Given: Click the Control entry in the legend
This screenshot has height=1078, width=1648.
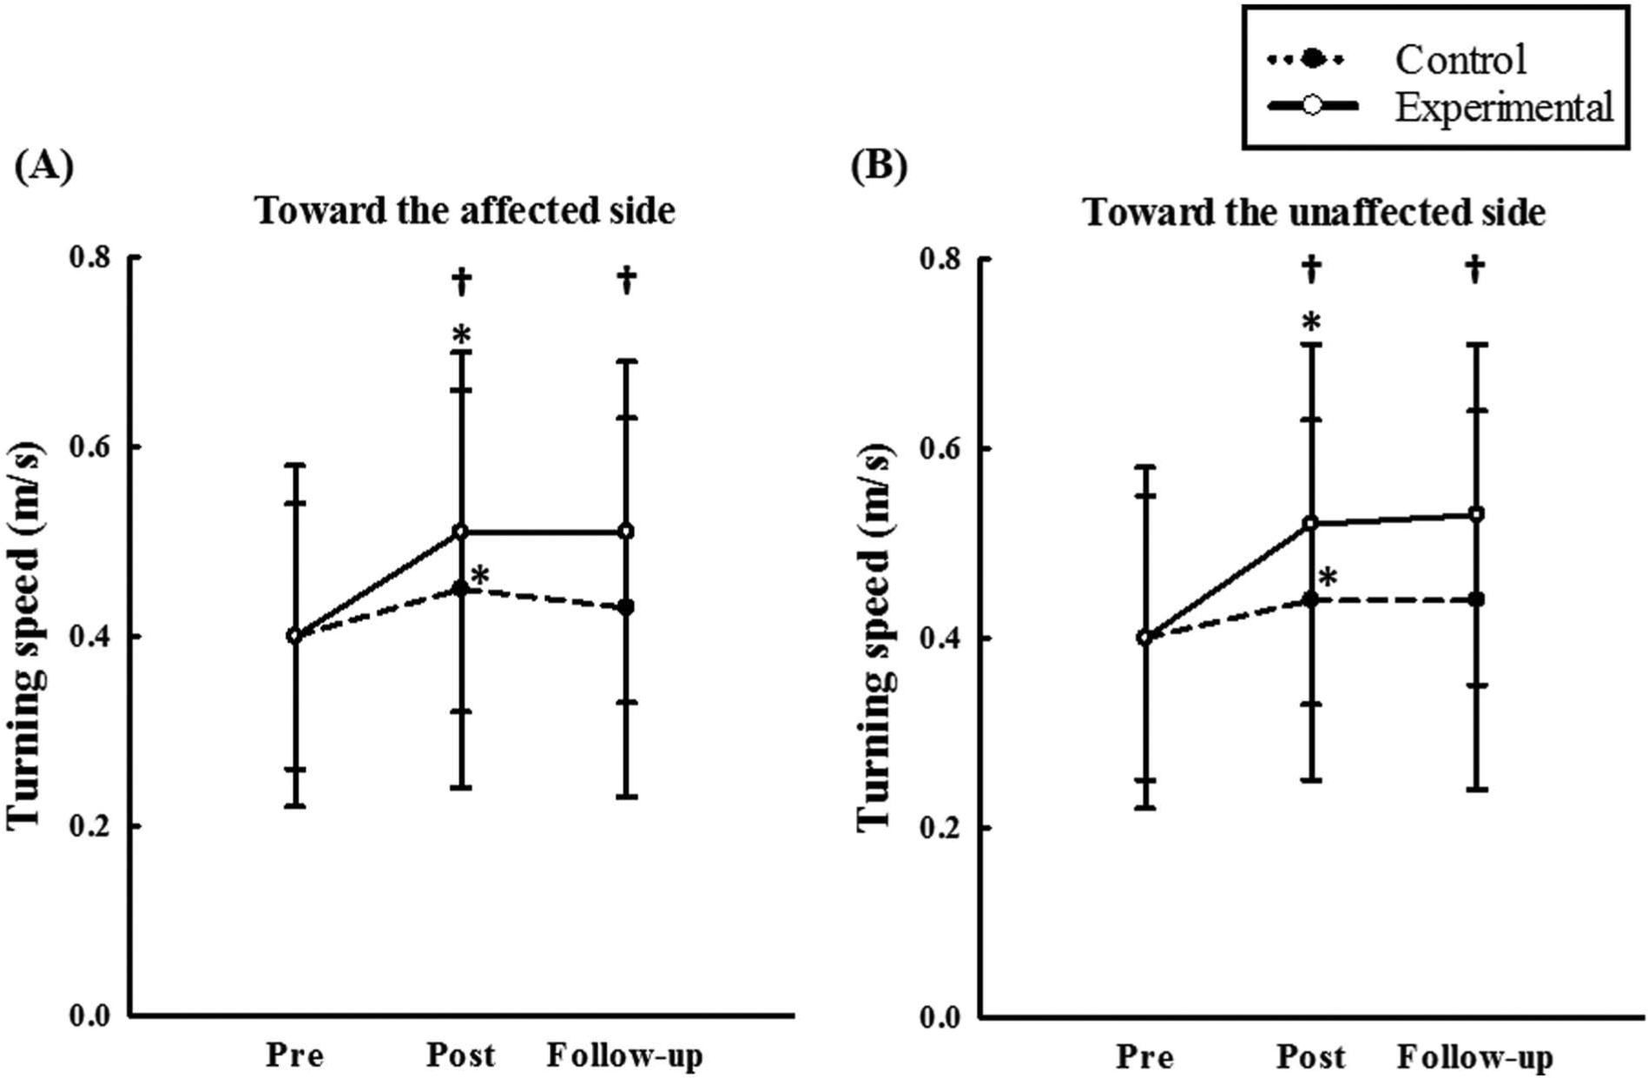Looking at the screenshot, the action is [x=1397, y=60].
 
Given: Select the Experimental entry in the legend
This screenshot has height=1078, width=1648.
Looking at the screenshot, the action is [x=1441, y=107].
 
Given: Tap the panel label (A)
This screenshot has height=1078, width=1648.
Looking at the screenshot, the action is [x=44, y=165].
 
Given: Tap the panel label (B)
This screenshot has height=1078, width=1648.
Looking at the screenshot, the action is [x=879, y=165].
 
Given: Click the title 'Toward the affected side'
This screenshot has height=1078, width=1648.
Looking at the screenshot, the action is [x=465, y=211].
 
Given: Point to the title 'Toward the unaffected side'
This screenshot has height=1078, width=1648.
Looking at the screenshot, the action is [x=1314, y=213].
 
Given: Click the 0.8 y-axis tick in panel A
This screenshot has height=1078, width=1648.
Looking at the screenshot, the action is [x=91, y=258].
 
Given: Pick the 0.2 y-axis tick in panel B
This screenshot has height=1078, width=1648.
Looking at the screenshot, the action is [x=942, y=828].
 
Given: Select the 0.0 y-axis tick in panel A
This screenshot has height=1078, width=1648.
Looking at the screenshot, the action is [x=91, y=1015].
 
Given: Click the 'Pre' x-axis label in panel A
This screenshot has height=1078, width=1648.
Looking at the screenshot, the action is [x=294, y=1055].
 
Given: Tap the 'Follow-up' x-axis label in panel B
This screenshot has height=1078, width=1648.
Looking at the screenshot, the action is [x=1474, y=1057].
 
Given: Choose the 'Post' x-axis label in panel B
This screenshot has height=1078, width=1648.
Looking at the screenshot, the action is [x=1310, y=1057].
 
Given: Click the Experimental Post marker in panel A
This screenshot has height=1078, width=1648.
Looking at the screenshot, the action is [x=460, y=532].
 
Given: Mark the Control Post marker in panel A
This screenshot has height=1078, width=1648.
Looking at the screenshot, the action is [x=460, y=590].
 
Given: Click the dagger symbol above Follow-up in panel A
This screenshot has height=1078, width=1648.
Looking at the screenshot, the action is [x=626, y=280].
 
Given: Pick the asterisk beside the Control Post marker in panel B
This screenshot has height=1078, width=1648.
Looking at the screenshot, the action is [x=1327, y=578].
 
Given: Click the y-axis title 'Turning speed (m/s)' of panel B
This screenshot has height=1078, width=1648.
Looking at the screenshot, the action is [x=875, y=638].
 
